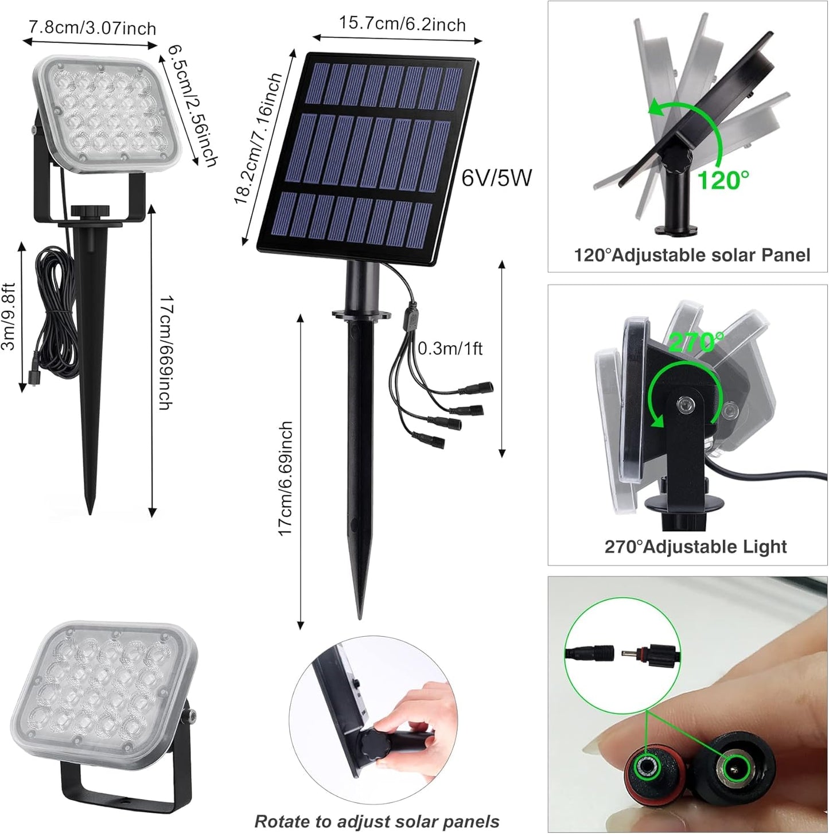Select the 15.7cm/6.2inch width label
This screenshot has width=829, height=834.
(x=402, y=24)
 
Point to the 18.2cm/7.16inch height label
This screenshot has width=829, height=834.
(x=258, y=139)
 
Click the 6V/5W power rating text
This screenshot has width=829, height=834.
(x=497, y=178)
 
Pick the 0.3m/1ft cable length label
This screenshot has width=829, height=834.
(x=450, y=348)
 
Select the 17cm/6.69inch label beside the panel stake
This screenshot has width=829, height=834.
(x=286, y=479)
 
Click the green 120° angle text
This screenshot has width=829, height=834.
(x=722, y=181)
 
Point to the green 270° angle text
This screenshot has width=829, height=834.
(x=696, y=342)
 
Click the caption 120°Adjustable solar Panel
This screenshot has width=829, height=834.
(x=692, y=255)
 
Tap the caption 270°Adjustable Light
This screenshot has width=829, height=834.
(x=695, y=547)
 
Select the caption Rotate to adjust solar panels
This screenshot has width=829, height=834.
(x=377, y=821)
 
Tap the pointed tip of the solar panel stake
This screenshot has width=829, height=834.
(x=360, y=615)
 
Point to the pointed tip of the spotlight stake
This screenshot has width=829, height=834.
(x=90, y=510)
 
